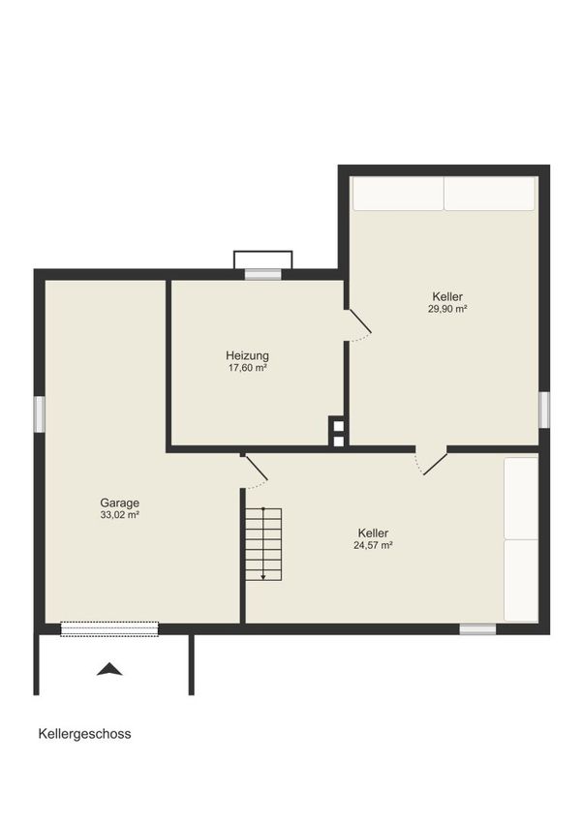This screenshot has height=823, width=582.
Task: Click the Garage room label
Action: coord(120,503)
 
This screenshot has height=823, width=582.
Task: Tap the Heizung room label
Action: coord(247,355)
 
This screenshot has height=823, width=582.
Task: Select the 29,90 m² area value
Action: coord(447,309)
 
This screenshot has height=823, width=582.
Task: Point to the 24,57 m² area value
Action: coord(373,545)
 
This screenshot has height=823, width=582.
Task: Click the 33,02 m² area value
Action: coord(120,515)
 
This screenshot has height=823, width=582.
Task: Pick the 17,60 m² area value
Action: coord(247,368)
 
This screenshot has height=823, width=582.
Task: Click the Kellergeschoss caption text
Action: coord(84,734)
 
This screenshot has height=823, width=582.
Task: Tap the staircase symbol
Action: coord(264,544)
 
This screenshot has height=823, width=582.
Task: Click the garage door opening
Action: coord(109,628)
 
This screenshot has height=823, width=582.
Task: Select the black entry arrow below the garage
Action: coord(109,669)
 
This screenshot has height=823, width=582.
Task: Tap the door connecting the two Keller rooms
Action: coord(431,462)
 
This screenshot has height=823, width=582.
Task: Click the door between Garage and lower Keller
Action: coord(255,472)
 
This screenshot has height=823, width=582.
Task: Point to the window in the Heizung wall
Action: coord(263,274)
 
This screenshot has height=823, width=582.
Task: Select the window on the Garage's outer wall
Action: coord(40,414)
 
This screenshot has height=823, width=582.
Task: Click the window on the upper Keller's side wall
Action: coord(544,410)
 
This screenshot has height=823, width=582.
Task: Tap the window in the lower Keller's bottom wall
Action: coord(477,628)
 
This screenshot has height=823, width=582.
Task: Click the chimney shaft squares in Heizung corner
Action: coord(339,432)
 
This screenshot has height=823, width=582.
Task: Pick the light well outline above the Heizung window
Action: coord(263,259)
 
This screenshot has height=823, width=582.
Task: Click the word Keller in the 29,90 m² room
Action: coord(447,296)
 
